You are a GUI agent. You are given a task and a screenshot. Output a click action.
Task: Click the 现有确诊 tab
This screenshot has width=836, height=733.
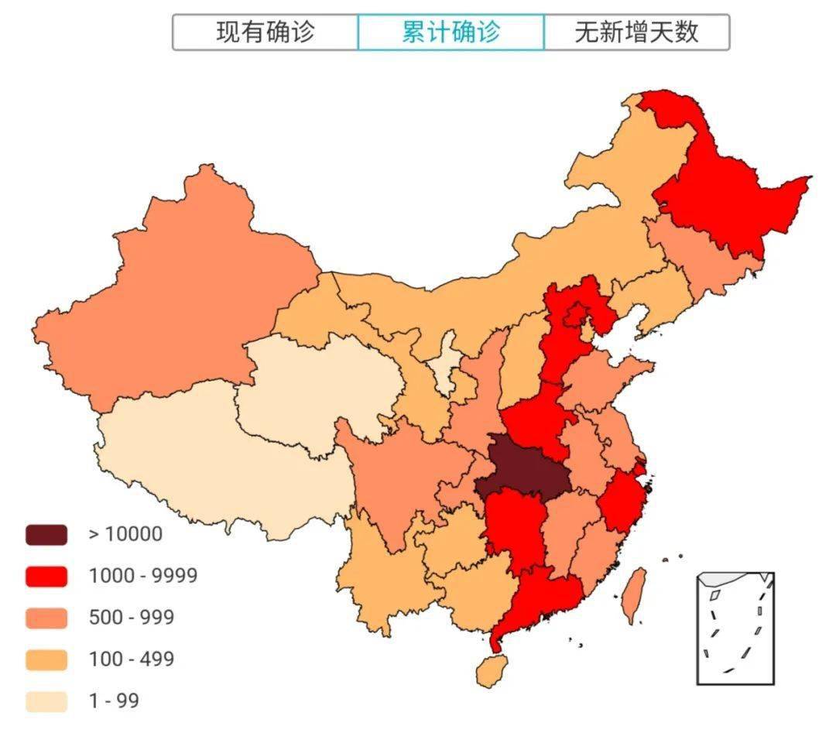(265, 32)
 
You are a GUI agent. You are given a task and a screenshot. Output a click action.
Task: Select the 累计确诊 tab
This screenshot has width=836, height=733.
(451, 32)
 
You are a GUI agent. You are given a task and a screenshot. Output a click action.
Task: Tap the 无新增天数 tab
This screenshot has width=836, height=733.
(636, 32)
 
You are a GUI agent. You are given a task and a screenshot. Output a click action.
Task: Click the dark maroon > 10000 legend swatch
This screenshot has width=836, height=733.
(46, 534)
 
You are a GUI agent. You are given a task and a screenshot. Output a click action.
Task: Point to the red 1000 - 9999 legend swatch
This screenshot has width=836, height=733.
(46, 576)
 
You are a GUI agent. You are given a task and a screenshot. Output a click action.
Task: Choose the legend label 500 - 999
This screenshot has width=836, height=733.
(131, 618)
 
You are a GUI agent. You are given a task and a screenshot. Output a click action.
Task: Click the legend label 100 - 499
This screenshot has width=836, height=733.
(131, 659)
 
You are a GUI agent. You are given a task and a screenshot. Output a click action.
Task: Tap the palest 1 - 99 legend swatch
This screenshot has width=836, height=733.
(46, 701)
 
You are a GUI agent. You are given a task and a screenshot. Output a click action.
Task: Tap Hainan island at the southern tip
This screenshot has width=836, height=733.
(492, 670)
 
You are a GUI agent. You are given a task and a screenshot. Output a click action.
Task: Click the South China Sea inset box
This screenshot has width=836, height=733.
(735, 628)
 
